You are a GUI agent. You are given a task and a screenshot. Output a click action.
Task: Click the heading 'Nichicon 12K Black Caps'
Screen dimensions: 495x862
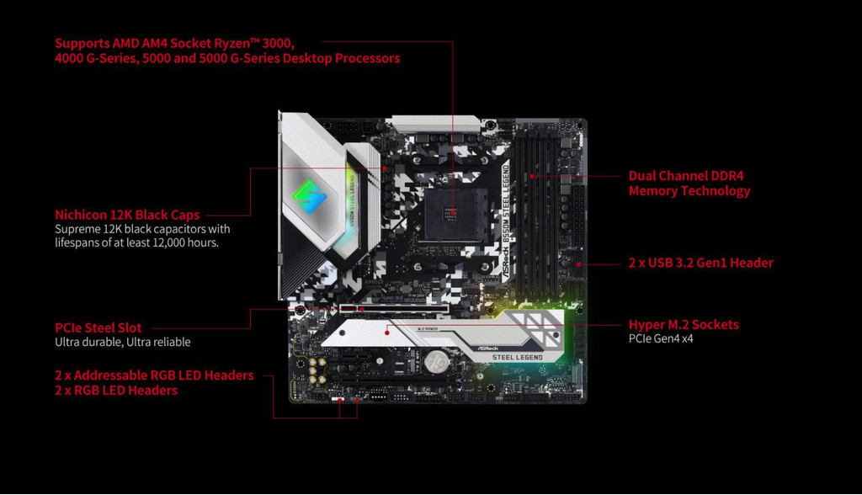coord(127,214)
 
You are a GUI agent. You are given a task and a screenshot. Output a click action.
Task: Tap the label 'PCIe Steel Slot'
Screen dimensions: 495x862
coord(98,327)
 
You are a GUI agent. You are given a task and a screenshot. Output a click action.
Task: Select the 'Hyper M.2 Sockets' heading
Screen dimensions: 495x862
coord(684,324)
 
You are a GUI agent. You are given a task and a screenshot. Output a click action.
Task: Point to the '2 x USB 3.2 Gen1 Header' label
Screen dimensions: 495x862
coord(700,263)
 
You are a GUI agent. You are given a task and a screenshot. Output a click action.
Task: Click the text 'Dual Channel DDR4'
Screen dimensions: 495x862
coord(686,176)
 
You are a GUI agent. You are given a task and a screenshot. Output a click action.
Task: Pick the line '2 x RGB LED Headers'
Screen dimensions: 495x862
coord(116,391)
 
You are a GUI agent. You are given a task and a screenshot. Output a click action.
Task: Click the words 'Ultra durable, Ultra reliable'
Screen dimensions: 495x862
coord(123,342)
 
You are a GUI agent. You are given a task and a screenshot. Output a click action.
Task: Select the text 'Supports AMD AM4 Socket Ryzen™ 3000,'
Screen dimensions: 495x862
coord(174,42)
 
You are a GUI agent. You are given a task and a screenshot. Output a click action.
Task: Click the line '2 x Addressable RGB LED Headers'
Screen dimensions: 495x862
coord(154,375)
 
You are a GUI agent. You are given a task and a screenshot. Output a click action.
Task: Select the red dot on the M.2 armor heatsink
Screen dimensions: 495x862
coord(386,332)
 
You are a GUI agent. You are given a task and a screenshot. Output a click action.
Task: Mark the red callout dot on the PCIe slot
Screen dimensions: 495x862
coord(361,309)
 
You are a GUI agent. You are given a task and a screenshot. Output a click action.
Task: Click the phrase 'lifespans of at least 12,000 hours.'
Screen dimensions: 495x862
coord(136,242)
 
